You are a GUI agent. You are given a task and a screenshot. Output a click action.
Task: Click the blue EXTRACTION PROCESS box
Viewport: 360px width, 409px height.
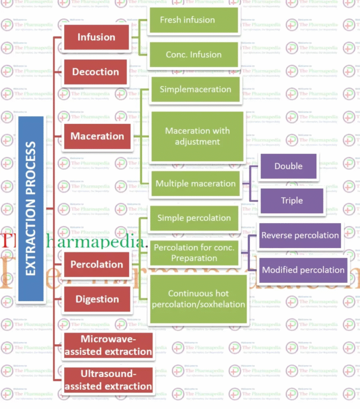click(x=31, y=208)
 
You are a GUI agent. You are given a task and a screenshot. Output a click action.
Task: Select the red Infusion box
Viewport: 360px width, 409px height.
click(x=96, y=37)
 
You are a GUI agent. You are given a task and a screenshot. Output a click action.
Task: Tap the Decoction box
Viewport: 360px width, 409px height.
click(x=95, y=72)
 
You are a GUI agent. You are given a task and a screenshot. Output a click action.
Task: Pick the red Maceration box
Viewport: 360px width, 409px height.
click(x=97, y=136)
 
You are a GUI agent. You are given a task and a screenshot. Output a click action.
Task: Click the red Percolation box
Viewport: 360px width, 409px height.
click(x=97, y=264)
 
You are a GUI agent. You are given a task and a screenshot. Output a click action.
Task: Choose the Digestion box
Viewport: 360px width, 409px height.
click(x=97, y=299)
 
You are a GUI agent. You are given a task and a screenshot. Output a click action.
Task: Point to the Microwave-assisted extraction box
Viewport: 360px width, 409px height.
click(x=108, y=345)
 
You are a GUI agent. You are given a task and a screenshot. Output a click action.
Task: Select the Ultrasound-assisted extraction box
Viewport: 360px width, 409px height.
click(x=108, y=380)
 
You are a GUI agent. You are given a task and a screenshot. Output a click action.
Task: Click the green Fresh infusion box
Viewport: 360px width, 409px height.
click(x=194, y=20)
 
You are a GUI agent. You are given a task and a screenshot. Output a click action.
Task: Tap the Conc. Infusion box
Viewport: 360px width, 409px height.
click(x=194, y=54)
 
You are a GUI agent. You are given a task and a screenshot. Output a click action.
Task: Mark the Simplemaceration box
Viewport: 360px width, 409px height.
click(x=195, y=89)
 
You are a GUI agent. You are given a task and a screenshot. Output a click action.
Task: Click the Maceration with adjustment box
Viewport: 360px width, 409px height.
click(x=197, y=136)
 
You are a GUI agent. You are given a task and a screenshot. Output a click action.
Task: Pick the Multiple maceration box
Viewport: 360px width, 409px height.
click(x=195, y=183)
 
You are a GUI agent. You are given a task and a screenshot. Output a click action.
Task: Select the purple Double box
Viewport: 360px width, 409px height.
click(x=288, y=166)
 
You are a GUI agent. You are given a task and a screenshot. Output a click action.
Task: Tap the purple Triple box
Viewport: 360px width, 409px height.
click(x=292, y=200)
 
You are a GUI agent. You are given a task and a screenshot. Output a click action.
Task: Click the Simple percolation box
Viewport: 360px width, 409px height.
click(x=194, y=218)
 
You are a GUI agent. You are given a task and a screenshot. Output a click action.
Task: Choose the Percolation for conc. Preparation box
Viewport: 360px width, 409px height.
click(x=194, y=252)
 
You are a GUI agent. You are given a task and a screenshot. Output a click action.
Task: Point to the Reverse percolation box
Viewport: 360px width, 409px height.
click(x=300, y=235)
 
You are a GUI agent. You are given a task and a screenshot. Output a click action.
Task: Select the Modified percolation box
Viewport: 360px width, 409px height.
click(x=303, y=270)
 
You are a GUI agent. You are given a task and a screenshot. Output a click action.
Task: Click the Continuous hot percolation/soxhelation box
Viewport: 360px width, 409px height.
click(x=198, y=299)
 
